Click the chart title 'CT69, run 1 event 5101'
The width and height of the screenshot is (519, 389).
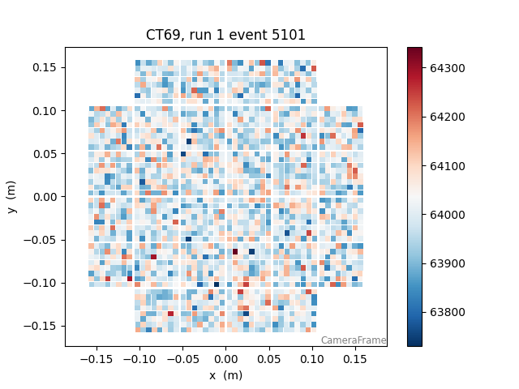click(x=225, y=35)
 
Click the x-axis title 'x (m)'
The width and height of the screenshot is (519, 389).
click(x=225, y=375)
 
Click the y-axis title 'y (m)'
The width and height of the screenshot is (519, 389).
click(x=12, y=197)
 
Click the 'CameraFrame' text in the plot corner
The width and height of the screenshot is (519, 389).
click(x=353, y=340)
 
